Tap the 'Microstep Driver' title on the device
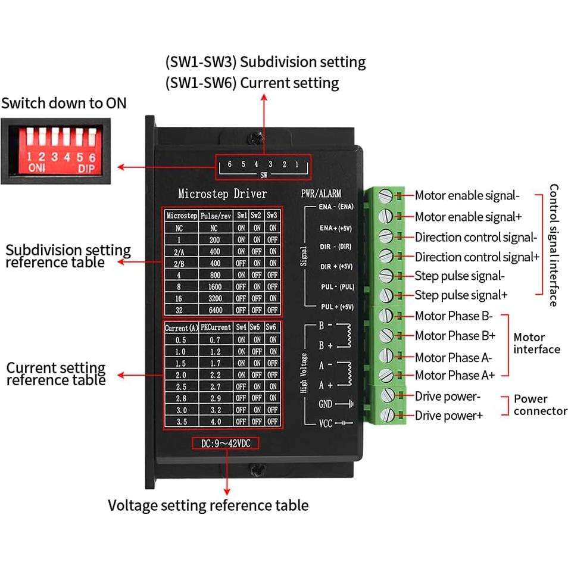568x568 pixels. [x=222, y=194]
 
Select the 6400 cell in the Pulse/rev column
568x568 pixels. [x=211, y=310]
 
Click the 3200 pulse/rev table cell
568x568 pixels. [x=211, y=298]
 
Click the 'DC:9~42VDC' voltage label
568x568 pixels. [x=226, y=443]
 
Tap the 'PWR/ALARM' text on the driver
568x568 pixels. [x=322, y=194]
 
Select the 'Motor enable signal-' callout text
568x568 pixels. [x=467, y=195]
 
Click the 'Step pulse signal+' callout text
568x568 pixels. [x=461, y=295]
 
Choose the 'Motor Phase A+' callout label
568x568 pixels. [x=455, y=375]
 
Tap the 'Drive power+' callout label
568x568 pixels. [x=449, y=416]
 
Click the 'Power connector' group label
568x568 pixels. [x=540, y=405]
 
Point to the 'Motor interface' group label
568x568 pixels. [x=536, y=343]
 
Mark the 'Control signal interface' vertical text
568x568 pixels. [x=554, y=245]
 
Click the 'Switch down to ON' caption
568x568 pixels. [x=64, y=102]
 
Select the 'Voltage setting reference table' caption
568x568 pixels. [x=208, y=505]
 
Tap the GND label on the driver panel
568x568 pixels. [x=325, y=404]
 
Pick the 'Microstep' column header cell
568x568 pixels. [x=181, y=216]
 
